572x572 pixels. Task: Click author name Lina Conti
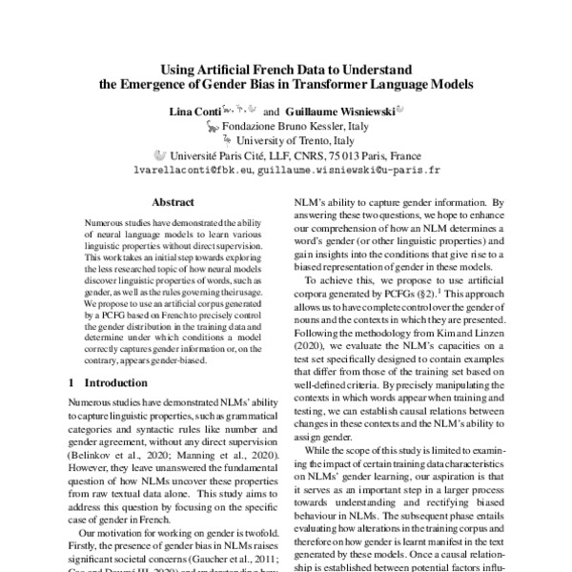tap(194, 112)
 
